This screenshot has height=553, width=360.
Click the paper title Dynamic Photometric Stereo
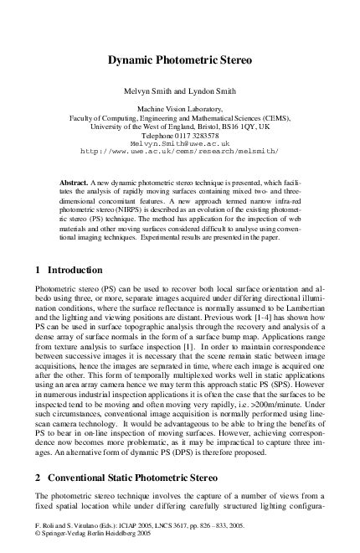(180, 61)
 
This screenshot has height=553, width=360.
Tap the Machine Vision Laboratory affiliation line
(180, 110)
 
